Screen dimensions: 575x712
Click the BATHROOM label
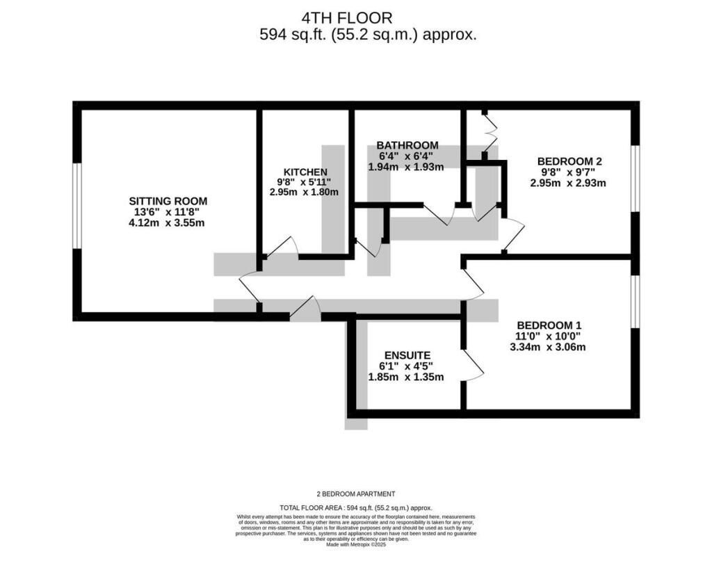click(407, 145)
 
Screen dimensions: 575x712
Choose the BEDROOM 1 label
click(549, 325)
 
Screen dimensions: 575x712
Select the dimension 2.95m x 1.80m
click(305, 192)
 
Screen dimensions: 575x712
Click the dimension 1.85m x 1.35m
click(405, 377)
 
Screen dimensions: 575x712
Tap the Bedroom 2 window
click(635, 178)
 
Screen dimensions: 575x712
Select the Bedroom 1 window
click(635, 301)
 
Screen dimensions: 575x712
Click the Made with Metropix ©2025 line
click(355, 544)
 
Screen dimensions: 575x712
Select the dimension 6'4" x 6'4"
click(405, 156)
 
